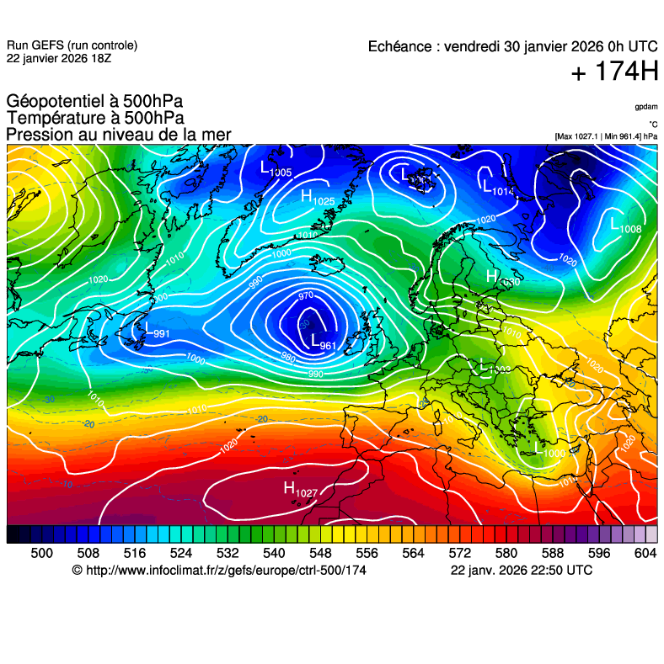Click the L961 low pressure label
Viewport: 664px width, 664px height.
pos(323,343)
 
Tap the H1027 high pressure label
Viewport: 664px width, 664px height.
pos(300,490)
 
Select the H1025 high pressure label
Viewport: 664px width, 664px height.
pos(317,197)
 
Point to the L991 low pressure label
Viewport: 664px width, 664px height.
pos(155,331)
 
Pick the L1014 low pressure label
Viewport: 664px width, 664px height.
pos(497,188)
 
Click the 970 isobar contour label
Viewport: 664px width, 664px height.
pos(305,296)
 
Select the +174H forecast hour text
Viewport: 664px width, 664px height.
pos(614,72)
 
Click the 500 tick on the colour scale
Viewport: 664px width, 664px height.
pos(41,553)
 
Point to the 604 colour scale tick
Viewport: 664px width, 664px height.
pos(645,553)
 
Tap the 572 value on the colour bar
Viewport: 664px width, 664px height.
pos(459,553)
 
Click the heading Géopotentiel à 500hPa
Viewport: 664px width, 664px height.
pos(94,103)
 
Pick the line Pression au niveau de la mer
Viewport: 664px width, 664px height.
pos(118,135)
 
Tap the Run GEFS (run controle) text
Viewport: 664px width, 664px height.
pos(72,45)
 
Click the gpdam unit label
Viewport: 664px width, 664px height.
pos(645,107)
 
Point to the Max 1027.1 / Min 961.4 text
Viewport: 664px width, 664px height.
pos(606,135)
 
